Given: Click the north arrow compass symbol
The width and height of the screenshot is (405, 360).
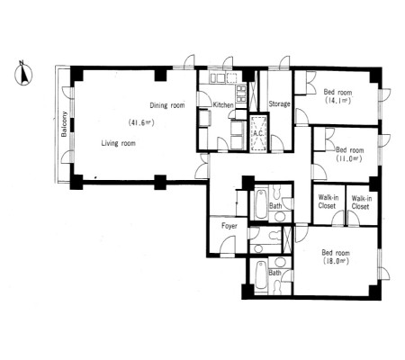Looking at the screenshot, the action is point(23,74).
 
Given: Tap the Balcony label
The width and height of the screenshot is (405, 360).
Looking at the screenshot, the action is point(64,124).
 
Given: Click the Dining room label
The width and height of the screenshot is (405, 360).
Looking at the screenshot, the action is point(167,105).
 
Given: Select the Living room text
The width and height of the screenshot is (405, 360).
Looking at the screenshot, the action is point(118,143).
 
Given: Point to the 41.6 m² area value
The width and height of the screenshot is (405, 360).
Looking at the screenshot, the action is point(141,122).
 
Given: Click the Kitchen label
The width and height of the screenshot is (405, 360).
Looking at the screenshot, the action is point(223,105).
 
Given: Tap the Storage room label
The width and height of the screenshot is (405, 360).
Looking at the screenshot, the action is point(279,103).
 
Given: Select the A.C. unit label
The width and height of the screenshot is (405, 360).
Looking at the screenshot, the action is point(258,133).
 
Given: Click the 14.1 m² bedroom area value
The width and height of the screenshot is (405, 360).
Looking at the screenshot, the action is point(337,101).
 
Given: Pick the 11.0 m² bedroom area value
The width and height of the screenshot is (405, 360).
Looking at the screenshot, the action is point(349,158).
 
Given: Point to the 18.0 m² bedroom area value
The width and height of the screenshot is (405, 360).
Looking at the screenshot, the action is point(336,261).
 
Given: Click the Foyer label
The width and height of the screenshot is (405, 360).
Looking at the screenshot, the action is point(229,226).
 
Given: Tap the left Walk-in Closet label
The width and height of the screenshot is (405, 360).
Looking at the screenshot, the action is point(328,202).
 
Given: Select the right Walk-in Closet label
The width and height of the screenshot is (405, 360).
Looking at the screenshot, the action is point(361,202).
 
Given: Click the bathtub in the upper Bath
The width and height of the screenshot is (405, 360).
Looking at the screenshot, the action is point(261,202).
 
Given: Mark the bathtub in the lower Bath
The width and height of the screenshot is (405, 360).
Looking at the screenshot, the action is point(261,275).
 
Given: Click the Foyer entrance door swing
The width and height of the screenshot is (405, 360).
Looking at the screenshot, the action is point(228,245).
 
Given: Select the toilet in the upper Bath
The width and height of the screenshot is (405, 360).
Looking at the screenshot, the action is point(276,191).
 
